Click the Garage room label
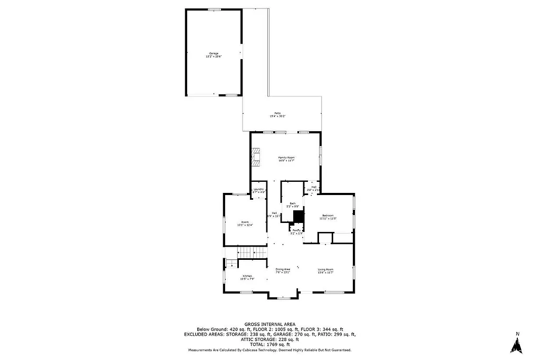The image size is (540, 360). (x=214, y=53)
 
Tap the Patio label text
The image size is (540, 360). (x=277, y=113)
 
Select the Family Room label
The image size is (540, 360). (x=286, y=158)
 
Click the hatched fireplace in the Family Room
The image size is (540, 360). (x=256, y=157)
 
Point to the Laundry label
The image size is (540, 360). (x=258, y=189)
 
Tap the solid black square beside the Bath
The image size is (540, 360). (x=299, y=217)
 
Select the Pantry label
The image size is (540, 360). (x=297, y=230)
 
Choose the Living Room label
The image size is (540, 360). (x=325, y=269)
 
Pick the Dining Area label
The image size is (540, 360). (x=283, y=269)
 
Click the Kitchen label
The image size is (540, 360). (x=247, y=276)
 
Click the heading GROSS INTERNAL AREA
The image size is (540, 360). (x=269, y=324)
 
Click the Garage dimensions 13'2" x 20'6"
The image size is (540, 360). (x=214, y=56)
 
